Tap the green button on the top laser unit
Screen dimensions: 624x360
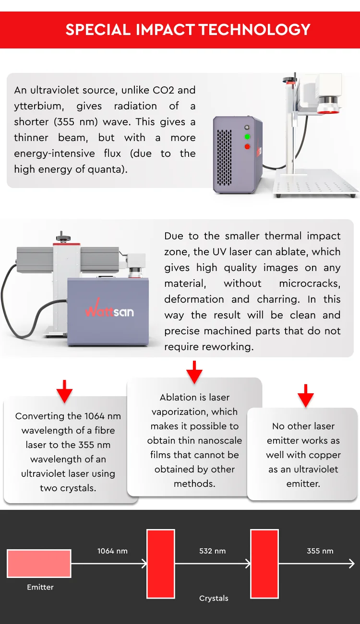[x=247, y=137]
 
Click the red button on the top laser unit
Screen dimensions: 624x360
[x=247, y=146]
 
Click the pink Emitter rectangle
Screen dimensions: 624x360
[x=39, y=564]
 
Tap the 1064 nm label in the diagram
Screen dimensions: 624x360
[x=112, y=551]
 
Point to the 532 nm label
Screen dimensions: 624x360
[x=212, y=551]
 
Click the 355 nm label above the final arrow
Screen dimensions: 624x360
[x=320, y=551]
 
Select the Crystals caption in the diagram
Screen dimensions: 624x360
[x=214, y=598]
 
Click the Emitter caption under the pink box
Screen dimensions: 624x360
[x=40, y=587]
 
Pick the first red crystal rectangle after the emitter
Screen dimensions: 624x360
[x=161, y=564]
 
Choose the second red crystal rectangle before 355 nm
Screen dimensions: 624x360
[x=264, y=564]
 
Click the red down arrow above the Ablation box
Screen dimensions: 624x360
[x=194, y=372]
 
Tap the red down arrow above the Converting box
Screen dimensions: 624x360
[x=64, y=391]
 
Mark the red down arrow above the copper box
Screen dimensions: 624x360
[x=305, y=396]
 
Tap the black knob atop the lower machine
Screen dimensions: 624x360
[x=61, y=236]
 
